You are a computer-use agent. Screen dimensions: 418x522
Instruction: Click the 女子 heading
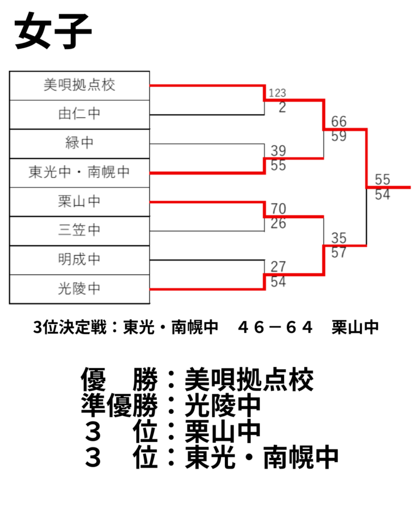click(x=53, y=31)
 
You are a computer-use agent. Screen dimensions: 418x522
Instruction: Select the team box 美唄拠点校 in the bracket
click(x=79, y=85)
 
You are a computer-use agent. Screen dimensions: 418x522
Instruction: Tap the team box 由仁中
click(x=79, y=115)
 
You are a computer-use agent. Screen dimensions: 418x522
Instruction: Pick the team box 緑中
click(x=79, y=144)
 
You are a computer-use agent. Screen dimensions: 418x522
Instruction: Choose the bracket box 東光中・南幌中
click(x=79, y=173)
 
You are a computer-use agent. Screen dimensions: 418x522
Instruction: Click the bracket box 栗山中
click(x=79, y=202)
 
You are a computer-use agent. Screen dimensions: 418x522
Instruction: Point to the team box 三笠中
click(x=79, y=231)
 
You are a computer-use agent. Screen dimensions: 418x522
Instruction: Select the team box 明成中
click(x=79, y=260)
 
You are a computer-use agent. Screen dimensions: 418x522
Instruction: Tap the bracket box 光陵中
click(x=79, y=289)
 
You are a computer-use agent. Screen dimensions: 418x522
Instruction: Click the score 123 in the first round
click(x=278, y=93)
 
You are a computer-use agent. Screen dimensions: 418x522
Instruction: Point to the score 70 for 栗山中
click(x=278, y=209)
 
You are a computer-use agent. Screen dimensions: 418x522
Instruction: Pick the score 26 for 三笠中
click(x=278, y=223)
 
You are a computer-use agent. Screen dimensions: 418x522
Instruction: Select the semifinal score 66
click(x=339, y=121)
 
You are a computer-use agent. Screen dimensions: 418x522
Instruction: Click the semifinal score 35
click(x=339, y=238)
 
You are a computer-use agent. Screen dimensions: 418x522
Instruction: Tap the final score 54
click(x=382, y=195)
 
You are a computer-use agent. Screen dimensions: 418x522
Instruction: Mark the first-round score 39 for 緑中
click(x=278, y=151)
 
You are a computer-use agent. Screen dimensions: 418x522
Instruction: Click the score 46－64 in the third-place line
click(x=275, y=327)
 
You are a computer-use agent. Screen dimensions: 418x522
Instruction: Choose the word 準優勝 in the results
click(x=119, y=405)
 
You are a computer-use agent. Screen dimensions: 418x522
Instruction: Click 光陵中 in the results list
click(x=222, y=405)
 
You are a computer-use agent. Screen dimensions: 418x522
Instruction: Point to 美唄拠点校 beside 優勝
click(x=249, y=380)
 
